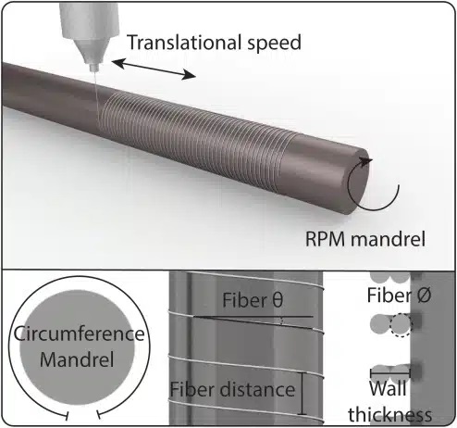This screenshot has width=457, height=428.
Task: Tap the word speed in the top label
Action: [x=274, y=44]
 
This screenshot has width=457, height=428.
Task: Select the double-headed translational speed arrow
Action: [x=154, y=69]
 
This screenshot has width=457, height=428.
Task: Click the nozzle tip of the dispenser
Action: [x=93, y=69]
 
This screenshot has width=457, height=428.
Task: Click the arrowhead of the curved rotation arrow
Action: [x=366, y=161]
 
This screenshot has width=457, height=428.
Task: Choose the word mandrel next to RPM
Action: [x=388, y=238]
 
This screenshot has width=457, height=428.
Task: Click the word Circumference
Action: [x=79, y=334]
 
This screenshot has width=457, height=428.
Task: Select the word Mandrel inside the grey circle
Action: [x=77, y=359]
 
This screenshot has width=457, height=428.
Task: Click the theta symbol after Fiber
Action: [x=278, y=300]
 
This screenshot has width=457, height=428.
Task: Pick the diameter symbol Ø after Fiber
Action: [x=424, y=295]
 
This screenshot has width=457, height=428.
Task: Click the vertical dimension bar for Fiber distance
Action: [x=303, y=394]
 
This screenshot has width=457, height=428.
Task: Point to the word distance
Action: [x=258, y=389]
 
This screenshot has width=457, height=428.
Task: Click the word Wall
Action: [x=388, y=388]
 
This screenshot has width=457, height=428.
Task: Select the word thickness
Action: [x=390, y=414]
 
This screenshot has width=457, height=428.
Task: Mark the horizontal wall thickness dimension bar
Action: [x=390, y=373]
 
